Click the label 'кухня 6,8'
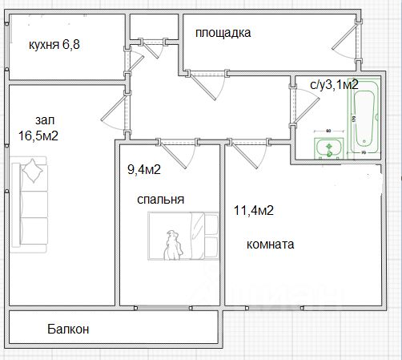pos(54,45)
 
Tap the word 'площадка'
pos(223,33)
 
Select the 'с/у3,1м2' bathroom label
pos(334,84)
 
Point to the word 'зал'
pos(45,120)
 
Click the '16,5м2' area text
pos(38,136)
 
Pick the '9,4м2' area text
pos(144,169)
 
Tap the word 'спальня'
pos(161,200)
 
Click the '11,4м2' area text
pos(254,210)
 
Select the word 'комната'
pos(270,245)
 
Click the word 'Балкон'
pos(68,329)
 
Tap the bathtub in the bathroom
pos(364,118)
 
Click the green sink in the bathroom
pos(328,148)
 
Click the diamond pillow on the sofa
pos(33,171)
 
